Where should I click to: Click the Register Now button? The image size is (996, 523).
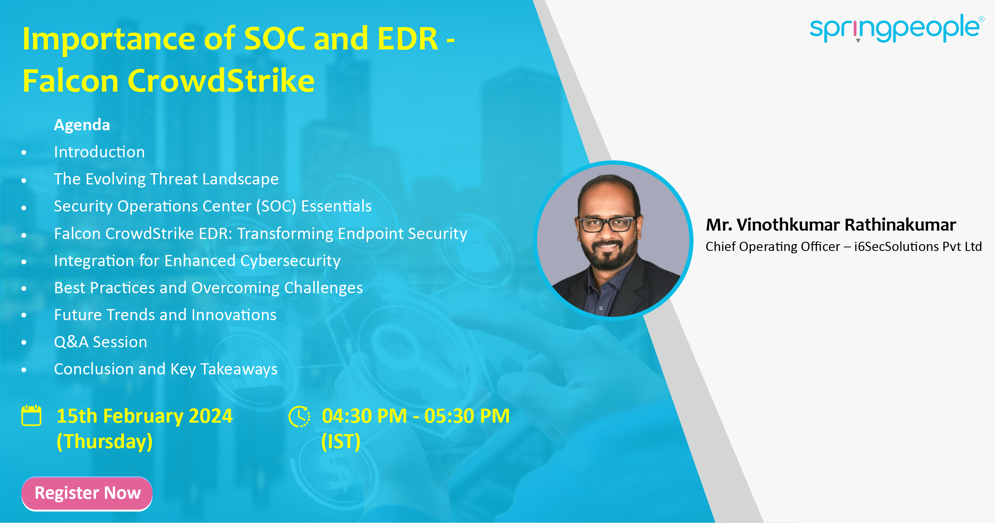point(87,493)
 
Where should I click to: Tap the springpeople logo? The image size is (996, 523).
point(895,28)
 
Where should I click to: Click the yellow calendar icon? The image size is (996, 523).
point(31,415)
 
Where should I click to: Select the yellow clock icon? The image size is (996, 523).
point(299,416)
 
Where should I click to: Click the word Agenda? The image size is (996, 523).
point(82,125)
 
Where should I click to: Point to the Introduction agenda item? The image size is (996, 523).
point(99,152)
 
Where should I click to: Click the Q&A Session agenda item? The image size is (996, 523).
point(100,342)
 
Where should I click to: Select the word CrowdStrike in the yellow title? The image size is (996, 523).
point(221,81)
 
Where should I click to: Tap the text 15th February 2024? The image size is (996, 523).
point(144,416)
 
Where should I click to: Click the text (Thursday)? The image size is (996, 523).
point(104,442)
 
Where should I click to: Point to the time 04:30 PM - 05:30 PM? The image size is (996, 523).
point(416,416)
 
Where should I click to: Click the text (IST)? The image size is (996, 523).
point(341,442)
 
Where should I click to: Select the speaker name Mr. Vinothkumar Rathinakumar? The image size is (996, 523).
point(831,225)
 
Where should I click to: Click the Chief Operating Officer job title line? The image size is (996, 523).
point(843,247)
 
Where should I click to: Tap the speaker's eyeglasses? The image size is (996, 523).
point(607,225)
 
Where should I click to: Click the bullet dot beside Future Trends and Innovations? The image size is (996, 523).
point(24,315)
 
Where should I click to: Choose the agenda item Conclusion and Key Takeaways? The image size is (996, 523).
point(166,369)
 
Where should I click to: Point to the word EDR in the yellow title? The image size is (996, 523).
point(408,39)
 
